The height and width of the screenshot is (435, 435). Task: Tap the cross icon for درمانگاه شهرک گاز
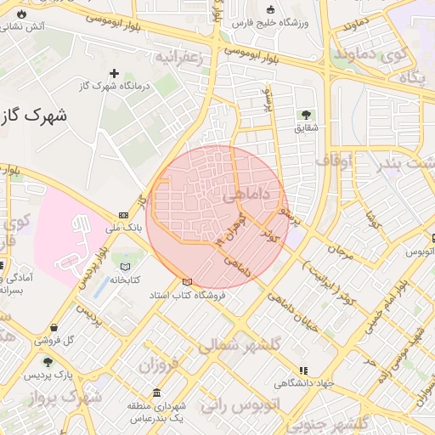[x=114, y=73]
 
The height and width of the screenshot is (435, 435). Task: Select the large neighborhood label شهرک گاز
[x=36, y=115]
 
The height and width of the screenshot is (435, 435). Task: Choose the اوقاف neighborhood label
[x=334, y=159]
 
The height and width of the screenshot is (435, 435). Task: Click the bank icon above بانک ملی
[x=124, y=215]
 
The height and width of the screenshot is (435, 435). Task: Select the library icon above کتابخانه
[x=126, y=267]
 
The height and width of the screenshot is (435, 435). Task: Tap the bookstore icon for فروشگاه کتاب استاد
[x=187, y=282]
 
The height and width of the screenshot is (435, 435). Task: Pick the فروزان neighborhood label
[x=161, y=368]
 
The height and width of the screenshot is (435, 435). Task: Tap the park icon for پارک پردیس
[x=36, y=363]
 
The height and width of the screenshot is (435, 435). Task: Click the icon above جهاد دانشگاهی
[x=303, y=370]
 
